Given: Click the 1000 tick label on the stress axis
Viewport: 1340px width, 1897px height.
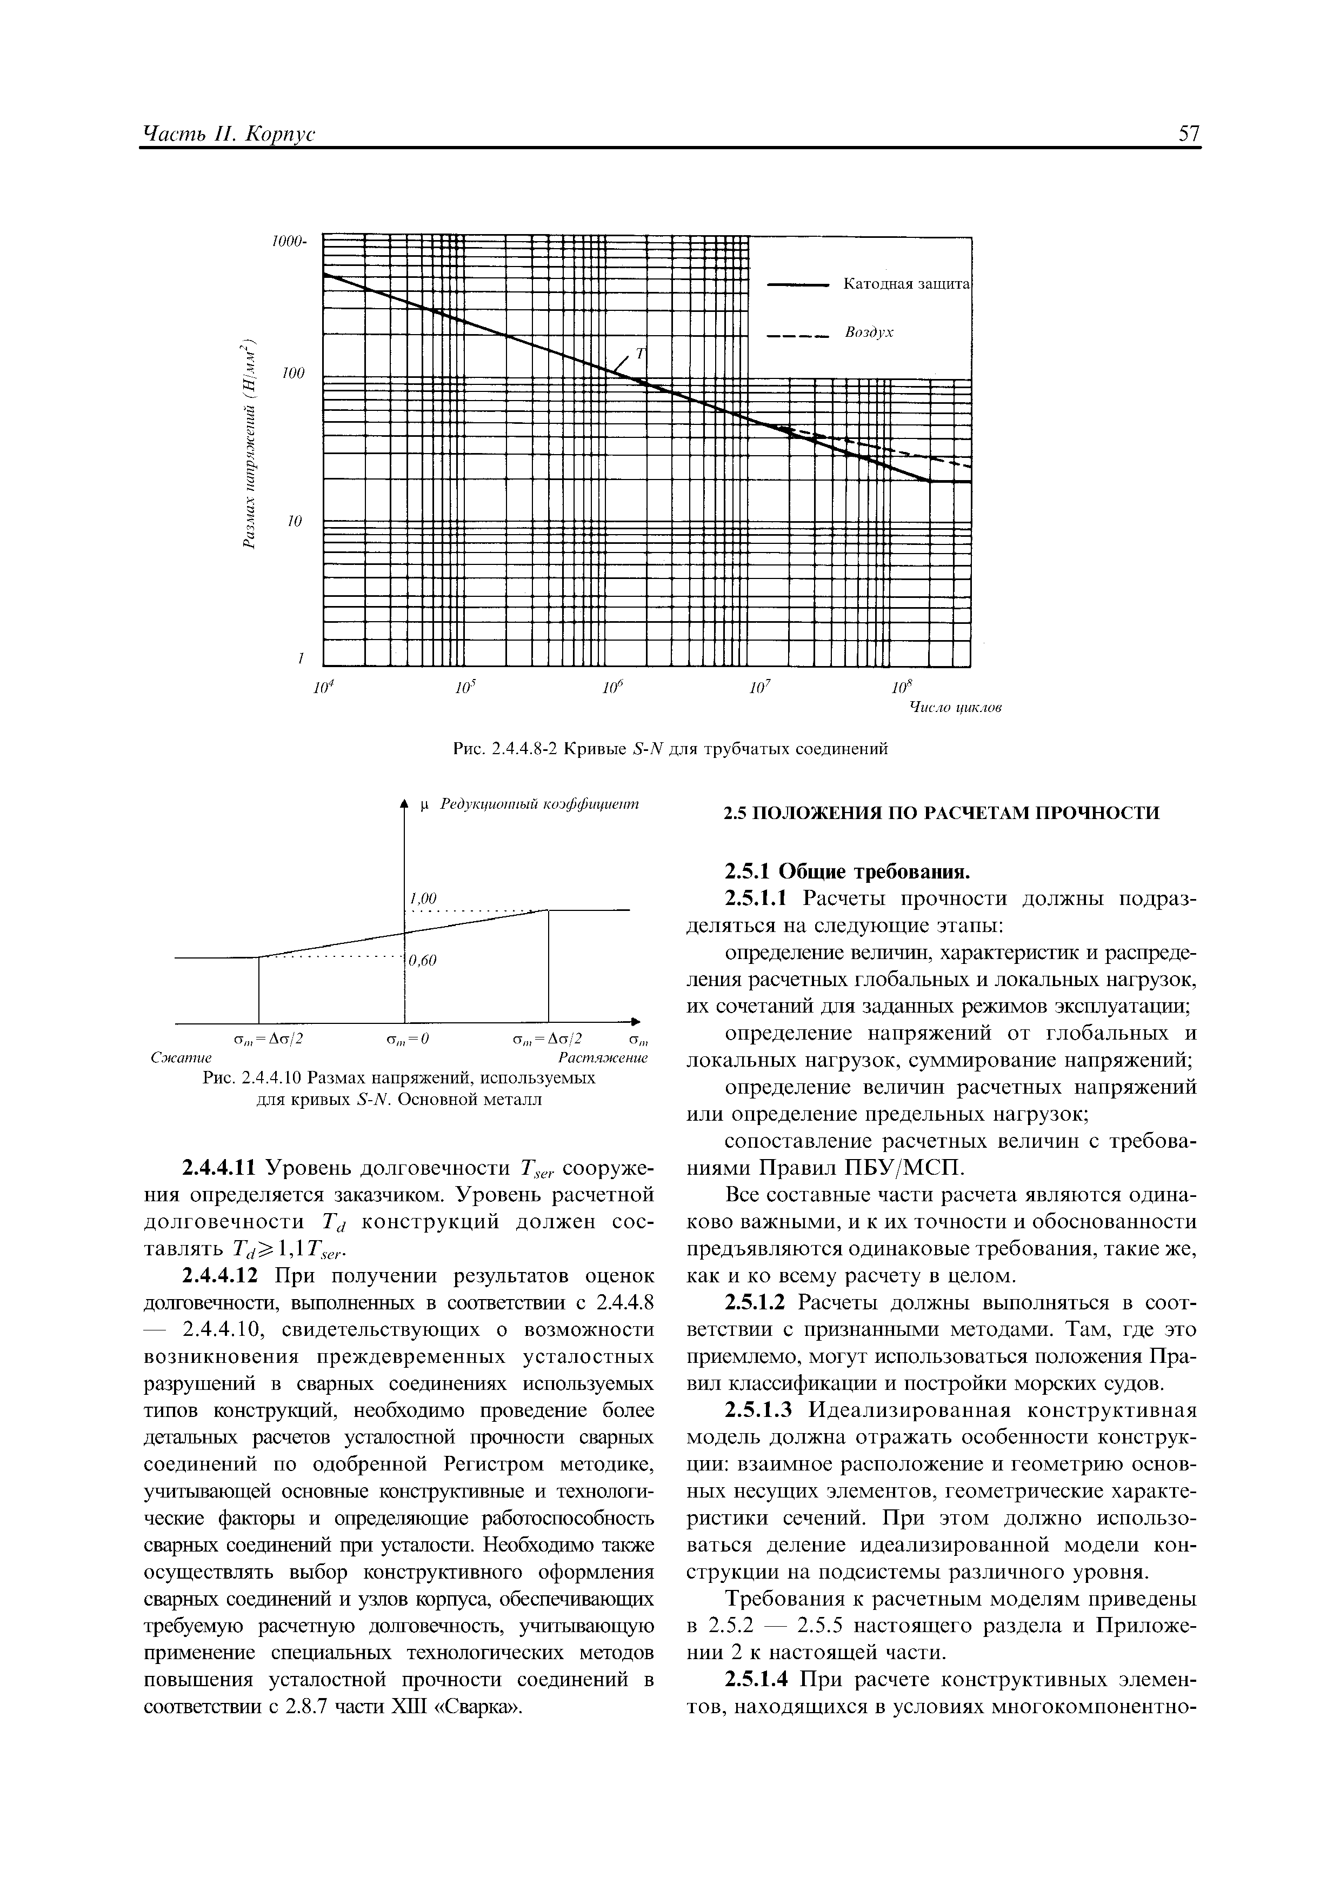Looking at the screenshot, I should (288, 241).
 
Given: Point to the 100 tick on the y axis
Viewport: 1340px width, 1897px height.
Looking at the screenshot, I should (294, 374).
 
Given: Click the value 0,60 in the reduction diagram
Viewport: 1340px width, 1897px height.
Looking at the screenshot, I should (422, 960).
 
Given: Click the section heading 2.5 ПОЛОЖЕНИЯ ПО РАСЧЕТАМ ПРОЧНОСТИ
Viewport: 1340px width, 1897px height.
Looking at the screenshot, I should (942, 814).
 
